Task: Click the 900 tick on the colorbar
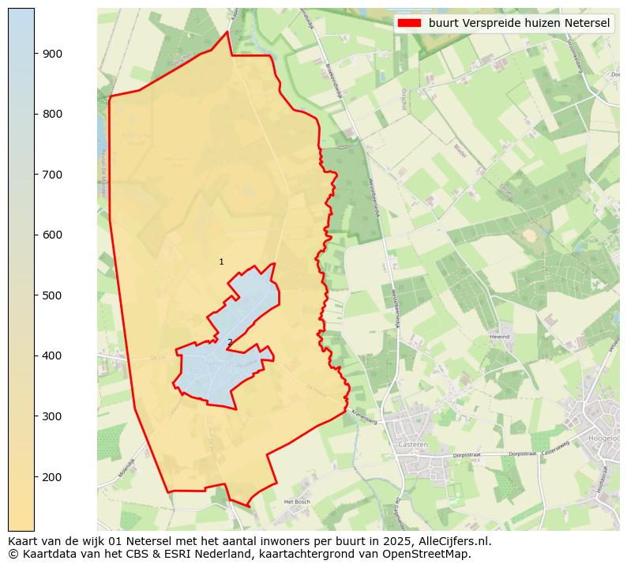[54, 54]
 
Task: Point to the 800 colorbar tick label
[54, 114]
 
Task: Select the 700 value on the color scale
[54, 175]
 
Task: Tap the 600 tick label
[54, 235]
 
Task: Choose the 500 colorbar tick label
[54, 295]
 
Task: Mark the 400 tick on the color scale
[54, 355]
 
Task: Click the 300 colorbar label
[54, 416]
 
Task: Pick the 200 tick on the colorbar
[54, 476]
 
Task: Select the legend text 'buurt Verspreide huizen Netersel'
[519, 23]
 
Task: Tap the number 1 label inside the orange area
[221, 261]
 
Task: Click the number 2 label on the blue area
[230, 342]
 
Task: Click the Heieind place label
[500, 337]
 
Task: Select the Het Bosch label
[297, 502]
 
